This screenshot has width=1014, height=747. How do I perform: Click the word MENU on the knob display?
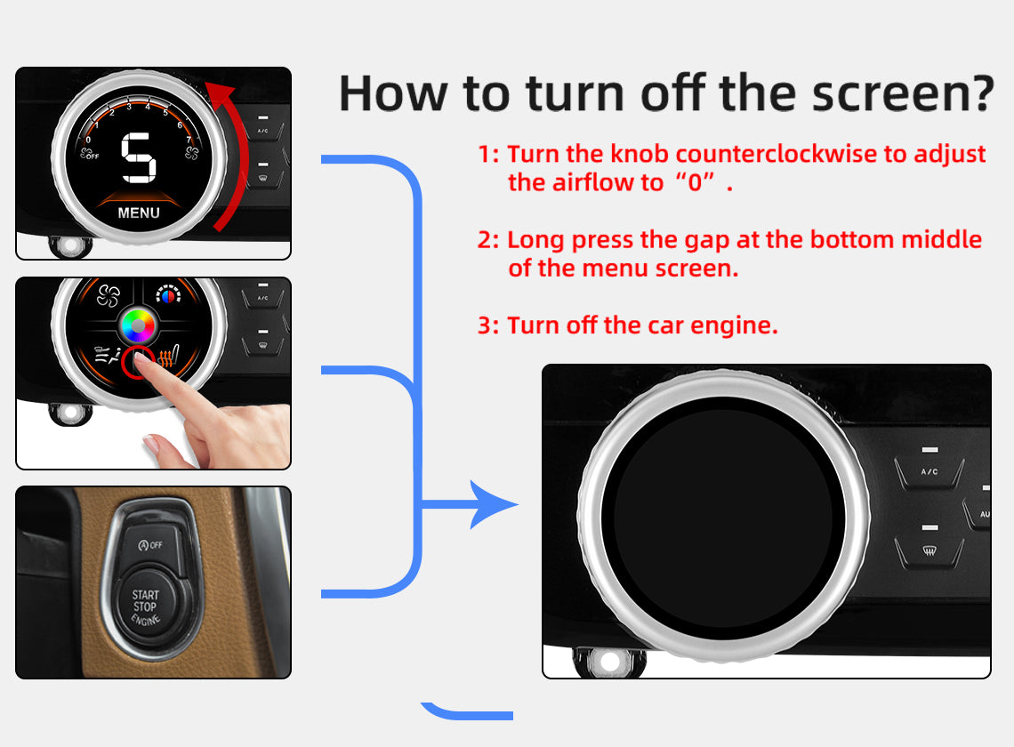139,213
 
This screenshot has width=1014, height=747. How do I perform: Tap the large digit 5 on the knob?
139,157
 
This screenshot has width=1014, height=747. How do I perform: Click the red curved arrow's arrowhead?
220,96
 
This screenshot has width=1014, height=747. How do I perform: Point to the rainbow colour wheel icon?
137,325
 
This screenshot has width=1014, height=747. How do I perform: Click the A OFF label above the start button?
150,544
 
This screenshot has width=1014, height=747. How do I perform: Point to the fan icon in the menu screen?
109,296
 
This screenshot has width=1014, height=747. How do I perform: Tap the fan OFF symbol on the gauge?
89,154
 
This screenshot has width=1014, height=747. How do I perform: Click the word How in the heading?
393,94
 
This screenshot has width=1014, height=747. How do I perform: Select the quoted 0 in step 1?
696,182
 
